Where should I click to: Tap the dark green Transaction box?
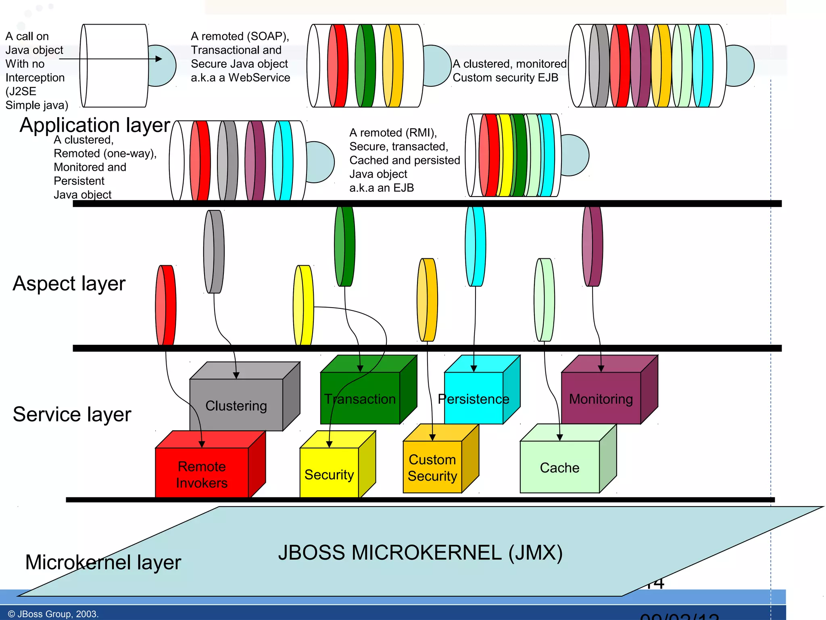(x=360, y=398)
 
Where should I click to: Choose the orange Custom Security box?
(x=432, y=467)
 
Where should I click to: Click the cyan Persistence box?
(x=473, y=398)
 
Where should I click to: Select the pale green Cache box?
(x=559, y=467)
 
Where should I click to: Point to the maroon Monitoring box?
(x=601, y=398)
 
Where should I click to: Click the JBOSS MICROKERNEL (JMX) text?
(x=420, y=552)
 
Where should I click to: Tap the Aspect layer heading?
(x=69, y=283)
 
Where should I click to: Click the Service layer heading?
(x=72, y=414)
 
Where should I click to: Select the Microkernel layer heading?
(x=103, y=562)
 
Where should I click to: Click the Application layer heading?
(x=95, y=125)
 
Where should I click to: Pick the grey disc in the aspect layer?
(x=214, y=251)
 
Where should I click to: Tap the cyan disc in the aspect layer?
(x=476, y=246)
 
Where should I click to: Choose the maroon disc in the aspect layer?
(x=592, y=246)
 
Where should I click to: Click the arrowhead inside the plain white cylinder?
(x=159, y=59)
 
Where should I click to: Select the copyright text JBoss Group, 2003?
(x=53, y=614)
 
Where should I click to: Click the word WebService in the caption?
(x=259, y=77)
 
